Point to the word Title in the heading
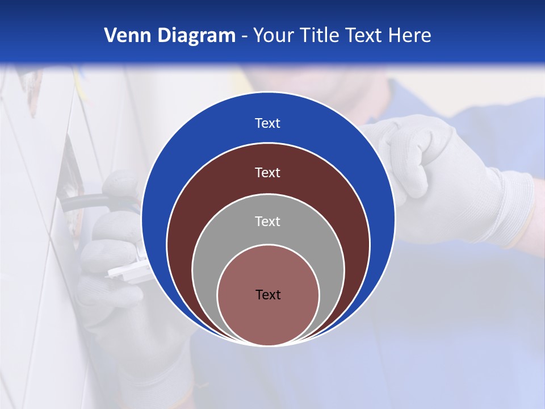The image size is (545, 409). [322, 36]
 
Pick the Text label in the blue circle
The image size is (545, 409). [268, 123]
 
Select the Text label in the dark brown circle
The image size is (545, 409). [268, 172]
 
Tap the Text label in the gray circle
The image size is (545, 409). [268, 221]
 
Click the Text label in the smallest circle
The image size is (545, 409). [268, 294]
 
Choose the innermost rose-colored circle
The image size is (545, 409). [268, 318]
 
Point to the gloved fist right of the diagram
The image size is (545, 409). [437, 170]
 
